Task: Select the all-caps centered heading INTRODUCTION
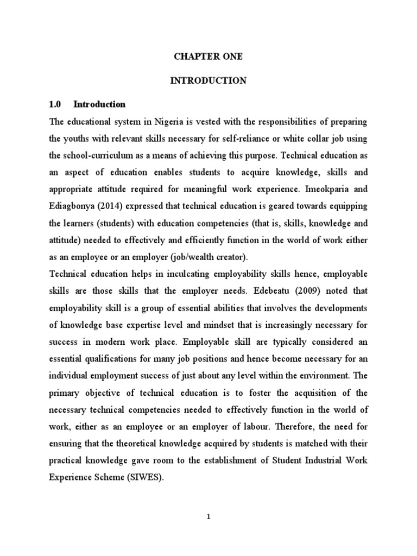click(208, 81)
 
